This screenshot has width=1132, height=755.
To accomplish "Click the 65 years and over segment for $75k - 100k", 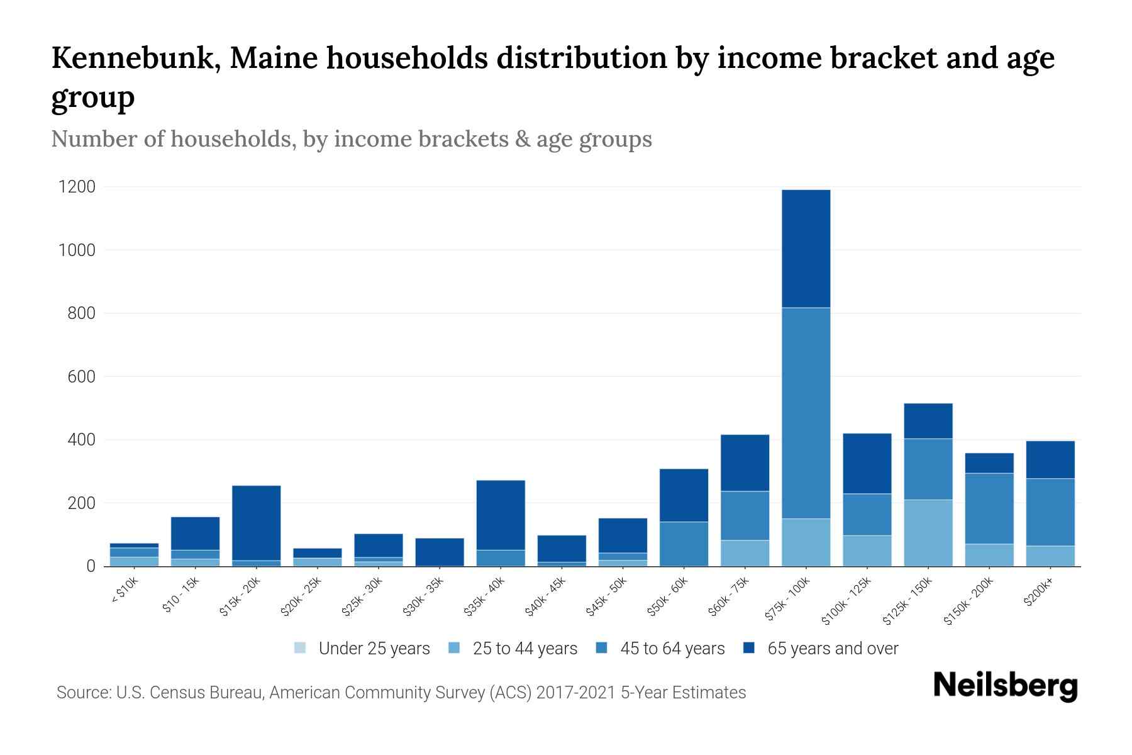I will [x=806, y=249].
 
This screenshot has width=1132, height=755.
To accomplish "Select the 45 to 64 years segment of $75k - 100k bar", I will [x=806, y=413].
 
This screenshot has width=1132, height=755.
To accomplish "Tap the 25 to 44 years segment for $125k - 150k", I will [x=928, y=533].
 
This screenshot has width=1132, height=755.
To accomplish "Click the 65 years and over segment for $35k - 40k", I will [x=501, y=515].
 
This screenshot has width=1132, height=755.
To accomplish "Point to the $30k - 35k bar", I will [x=440, y=552].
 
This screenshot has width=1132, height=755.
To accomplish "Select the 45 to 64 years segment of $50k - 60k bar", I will [x=684, y=544].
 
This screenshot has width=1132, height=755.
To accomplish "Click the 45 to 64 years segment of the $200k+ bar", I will [x=1050, y=512].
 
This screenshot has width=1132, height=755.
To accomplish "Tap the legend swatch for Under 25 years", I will [x=300, y=648].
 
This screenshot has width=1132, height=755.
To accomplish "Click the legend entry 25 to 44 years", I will [x=524, y=649].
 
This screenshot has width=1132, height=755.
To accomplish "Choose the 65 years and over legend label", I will [x=833, y=649].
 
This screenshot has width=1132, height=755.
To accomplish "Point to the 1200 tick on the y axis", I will [x=77, y=187].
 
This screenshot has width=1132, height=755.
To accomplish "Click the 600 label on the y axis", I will [x=81, y=377].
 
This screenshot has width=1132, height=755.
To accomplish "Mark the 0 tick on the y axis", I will [x=91, y=566].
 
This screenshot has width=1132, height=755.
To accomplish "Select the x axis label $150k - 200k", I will [x=969, y=601].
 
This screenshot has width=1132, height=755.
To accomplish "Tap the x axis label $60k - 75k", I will [x=728, y=597].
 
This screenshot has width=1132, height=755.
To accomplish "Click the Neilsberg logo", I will [x=1005, y=686].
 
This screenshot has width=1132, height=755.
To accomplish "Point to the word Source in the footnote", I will [x=82, y=693].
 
